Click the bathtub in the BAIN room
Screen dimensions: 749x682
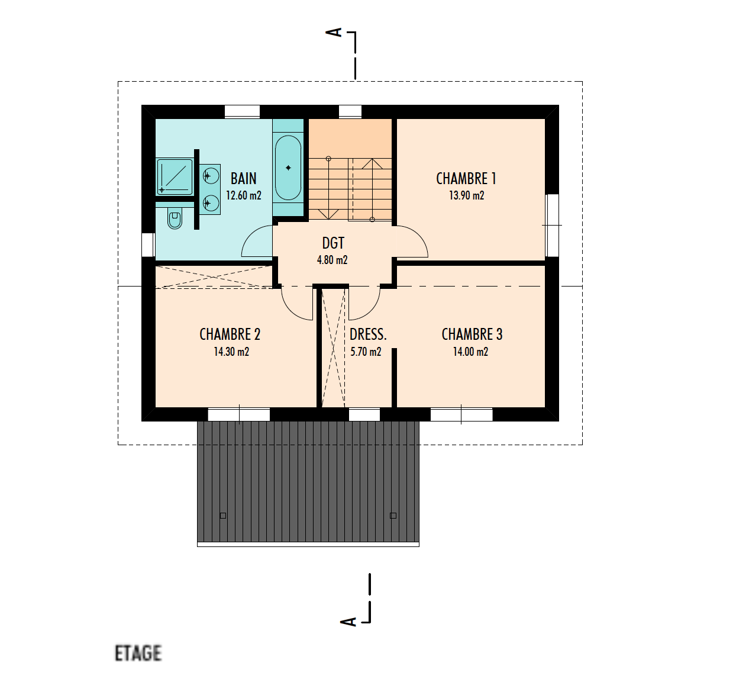tap(288, 168)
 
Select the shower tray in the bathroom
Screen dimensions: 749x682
tap(175, 176)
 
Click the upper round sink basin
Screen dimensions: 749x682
tap(211, 176)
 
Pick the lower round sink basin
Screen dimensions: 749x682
tap(211, 203)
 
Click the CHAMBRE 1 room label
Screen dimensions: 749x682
tap(466, 179)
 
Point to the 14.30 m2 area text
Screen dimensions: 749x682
tap(231, 352)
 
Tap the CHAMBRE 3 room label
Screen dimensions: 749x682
tap(472, 334)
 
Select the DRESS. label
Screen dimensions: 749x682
tap(368, 334)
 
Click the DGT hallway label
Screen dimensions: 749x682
tap(333, 243)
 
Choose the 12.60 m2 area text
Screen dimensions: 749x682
tap(243, 195)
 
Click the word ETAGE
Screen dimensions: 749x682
tap(138, 653)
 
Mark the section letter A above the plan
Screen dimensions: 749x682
tap(334, 33)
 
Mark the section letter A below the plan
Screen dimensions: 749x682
tap(348, 622)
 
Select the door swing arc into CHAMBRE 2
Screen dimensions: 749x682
tap(290, 310)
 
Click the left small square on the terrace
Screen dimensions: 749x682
tap(223, 516)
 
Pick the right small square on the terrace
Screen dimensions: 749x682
tap(393, 516)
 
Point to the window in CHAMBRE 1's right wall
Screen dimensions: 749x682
tap(552, 226)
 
